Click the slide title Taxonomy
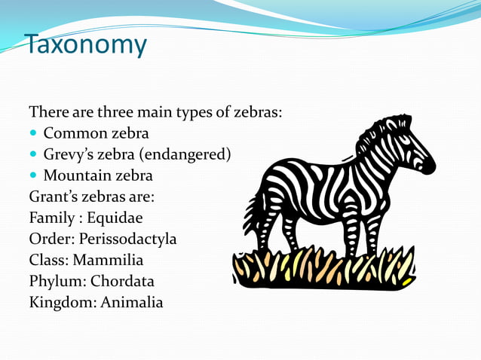pos(85,44)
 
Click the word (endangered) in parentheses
pos(185,155)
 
